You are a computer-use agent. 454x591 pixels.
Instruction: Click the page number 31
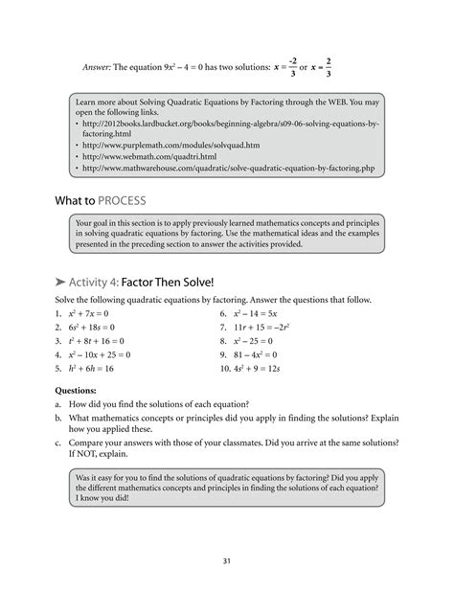(x=226, y=560)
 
